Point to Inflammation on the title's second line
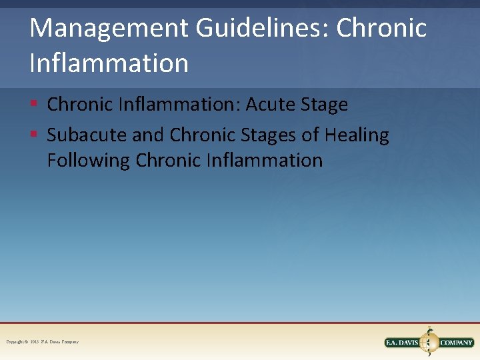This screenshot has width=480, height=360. [x=109, y=63]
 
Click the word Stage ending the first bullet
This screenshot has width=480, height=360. [x=325, y=105]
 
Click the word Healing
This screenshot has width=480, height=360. [x=357, y=135]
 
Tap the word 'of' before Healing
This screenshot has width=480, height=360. [x=311, y=135]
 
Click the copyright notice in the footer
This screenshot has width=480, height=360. [x=42, y=342]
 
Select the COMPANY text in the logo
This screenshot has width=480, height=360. [x=456, y=343]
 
